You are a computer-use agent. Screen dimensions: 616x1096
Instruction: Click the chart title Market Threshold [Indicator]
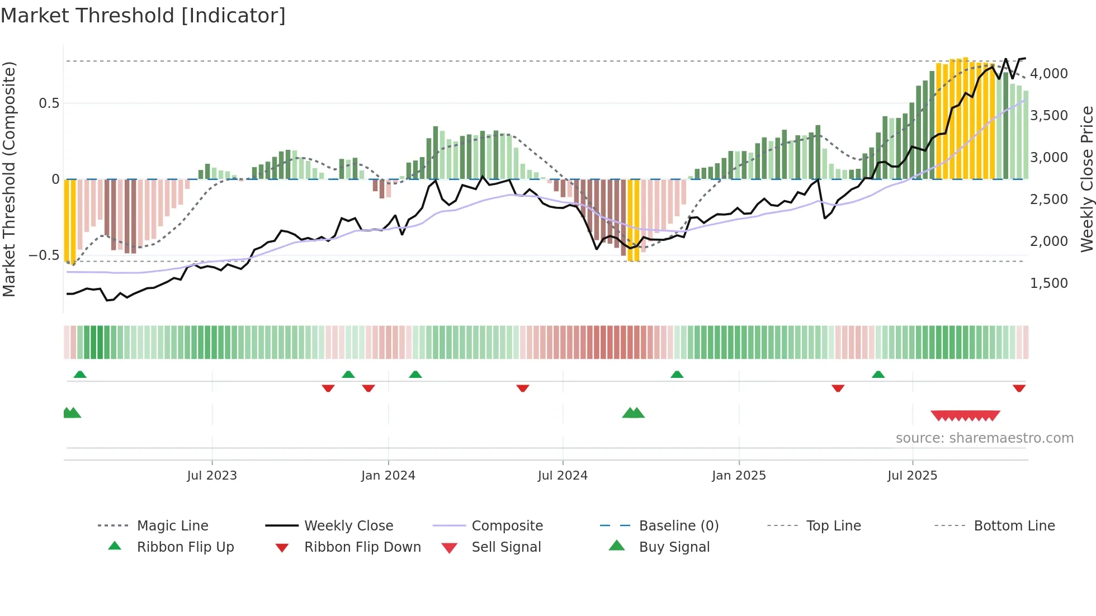(x=143, y=16)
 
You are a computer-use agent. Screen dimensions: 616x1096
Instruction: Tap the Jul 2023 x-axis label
(x=212, y=476)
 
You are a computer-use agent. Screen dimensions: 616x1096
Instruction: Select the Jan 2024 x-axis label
(x=388, y=476)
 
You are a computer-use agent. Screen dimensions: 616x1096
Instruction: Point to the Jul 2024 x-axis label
(x=563, y=476)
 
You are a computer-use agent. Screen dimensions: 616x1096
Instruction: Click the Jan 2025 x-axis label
(x=739, y=476)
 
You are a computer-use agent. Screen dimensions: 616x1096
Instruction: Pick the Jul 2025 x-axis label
(x=912, y=476)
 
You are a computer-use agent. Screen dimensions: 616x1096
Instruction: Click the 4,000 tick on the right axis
(x=1048, y=74)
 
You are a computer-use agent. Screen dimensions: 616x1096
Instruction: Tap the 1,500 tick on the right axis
(x=1048, y=283)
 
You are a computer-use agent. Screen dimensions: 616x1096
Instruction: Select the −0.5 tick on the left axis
(x=44, y=255)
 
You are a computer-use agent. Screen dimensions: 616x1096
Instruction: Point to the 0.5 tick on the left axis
(x=49, y=103)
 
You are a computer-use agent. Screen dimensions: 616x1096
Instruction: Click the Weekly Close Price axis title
(x=1086, y=179)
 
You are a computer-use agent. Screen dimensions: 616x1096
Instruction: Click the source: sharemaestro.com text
(x=984, y=438)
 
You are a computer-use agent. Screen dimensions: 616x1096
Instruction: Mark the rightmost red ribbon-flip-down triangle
(x=1019, y=388)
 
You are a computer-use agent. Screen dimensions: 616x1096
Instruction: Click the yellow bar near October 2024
(x=634, y=221)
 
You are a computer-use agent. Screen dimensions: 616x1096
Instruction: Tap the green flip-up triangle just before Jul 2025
(x=878, y=375)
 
